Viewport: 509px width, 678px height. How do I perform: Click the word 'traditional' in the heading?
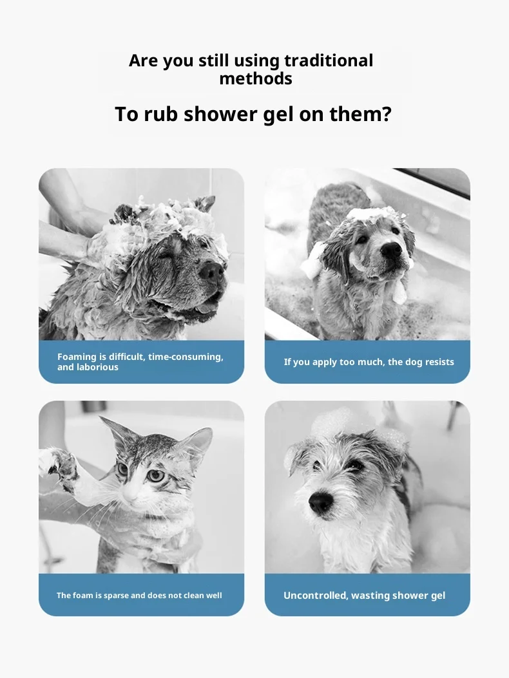329,61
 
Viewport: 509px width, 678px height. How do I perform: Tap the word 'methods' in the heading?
256,79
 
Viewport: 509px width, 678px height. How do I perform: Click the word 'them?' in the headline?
360,114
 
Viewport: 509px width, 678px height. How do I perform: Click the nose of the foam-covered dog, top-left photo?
212,272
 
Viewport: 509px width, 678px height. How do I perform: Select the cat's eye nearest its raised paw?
123,468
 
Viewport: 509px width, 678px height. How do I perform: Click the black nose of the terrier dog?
321,502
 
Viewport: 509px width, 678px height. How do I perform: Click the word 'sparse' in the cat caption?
115,596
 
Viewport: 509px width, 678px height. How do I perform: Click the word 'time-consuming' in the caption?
186,357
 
